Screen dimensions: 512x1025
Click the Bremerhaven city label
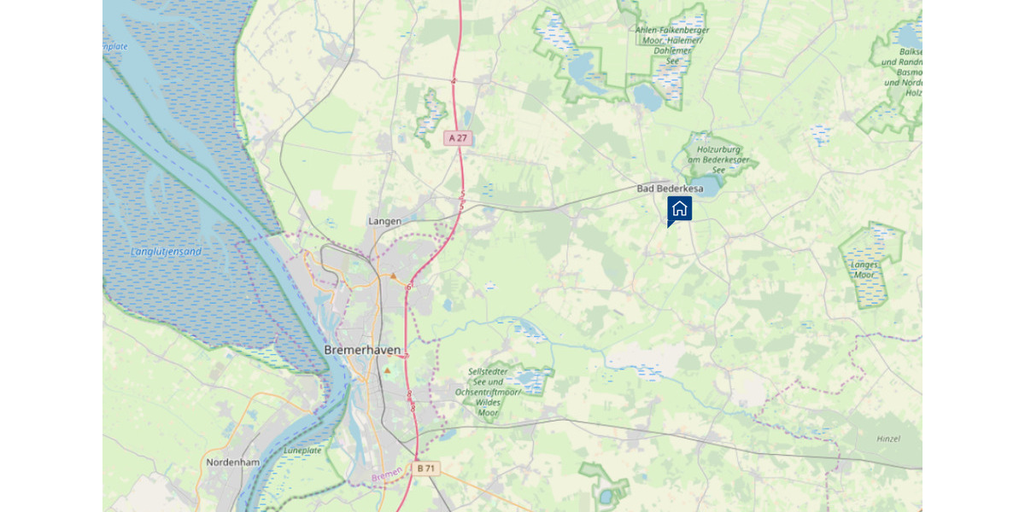pos(362,350)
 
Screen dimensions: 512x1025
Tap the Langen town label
pos(384,221)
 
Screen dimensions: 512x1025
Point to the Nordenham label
pos(231,463)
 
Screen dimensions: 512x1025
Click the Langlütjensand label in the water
pos(167,252)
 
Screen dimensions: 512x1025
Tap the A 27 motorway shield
pos(458,137)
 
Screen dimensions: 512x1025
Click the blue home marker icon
pos(679,208)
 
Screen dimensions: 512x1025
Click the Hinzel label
pos(888,439)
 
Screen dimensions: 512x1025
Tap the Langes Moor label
pos(864,270)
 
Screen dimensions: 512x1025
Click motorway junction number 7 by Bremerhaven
pos(407,355)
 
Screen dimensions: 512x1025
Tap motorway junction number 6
pos(409,288)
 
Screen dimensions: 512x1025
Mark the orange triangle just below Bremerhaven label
pos(387,371)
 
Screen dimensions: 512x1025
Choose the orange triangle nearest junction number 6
pos(393,276)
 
